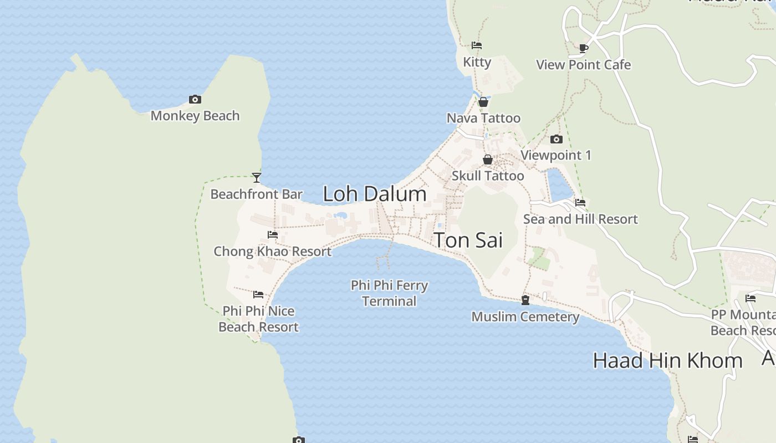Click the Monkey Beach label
(x=195, y=116)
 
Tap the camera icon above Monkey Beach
(x=195, y=100)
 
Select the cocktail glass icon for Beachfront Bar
(x=256, y=178)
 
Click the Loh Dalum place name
(x=375, y=194)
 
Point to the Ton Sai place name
(x=468, y=240)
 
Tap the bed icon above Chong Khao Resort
(x=272, y=235)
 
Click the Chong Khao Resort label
(x=272, y=251)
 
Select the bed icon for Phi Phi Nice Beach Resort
(x=258, y=295)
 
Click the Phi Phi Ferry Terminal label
(x=389, y=293)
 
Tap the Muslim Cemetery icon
(x=525, y=300)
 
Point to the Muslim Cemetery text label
(x=525, y=317)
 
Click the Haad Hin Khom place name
(x=667, y=360)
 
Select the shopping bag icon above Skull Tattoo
(x=488, y=160)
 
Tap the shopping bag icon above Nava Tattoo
(x=483, y=102)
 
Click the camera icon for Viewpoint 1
(x=557, y=139)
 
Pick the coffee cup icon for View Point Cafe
(x=583, y=48)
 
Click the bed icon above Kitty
(x=477, y=45)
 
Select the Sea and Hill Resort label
(x=580, y=219)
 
